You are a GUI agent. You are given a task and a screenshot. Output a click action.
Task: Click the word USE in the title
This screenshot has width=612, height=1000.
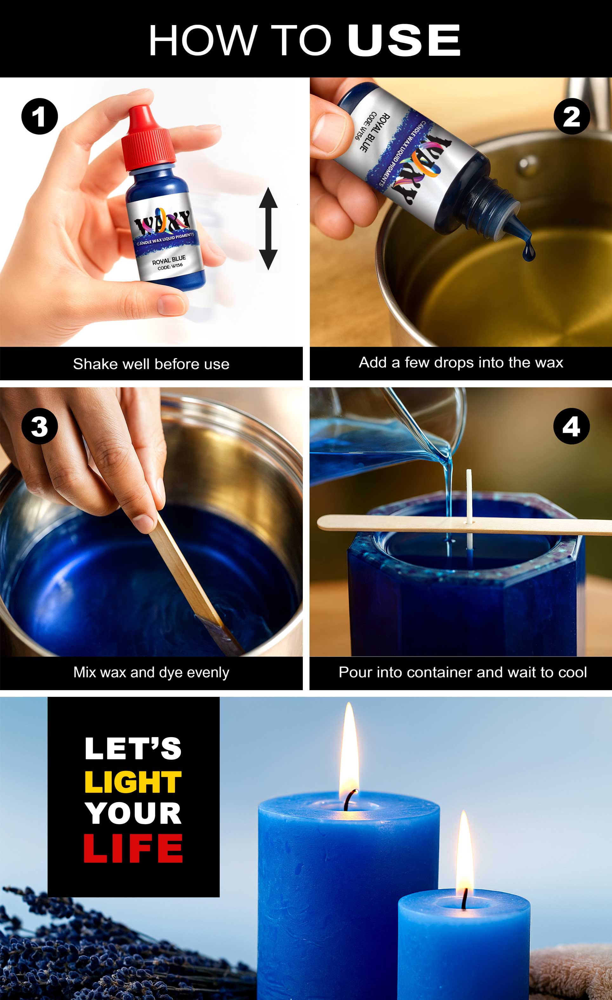point(404,41)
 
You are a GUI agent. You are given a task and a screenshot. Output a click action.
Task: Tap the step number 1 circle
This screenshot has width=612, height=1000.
point(39,117)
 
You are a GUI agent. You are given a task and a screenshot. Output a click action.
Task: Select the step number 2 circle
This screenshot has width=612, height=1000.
point(571,117)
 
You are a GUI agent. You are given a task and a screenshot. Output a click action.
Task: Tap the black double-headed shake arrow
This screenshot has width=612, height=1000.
point(268,229)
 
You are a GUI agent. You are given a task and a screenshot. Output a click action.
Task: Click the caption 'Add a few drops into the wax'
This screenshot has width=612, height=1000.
point(461,363)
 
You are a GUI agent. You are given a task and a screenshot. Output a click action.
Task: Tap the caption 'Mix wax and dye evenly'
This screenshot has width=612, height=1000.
point(151,672)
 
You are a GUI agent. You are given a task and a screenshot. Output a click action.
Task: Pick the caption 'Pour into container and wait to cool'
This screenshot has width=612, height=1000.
point(463,672)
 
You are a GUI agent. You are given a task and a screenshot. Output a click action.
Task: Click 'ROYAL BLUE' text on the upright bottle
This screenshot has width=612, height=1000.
point(169,260)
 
